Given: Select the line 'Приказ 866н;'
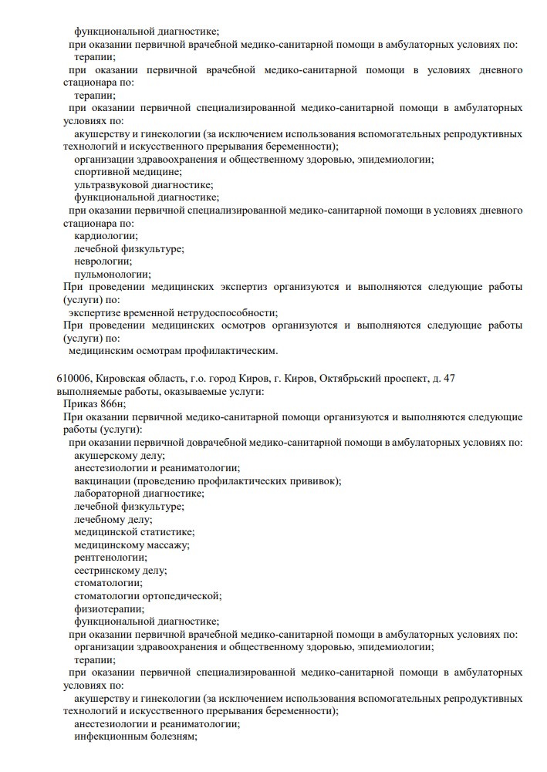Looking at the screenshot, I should pos(94,404).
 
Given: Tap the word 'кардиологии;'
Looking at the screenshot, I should pos(106,235).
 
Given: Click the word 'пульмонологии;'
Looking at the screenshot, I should pos(112,274).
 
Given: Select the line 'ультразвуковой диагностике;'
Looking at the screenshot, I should pos(144,184).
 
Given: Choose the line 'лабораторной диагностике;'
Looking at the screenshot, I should pos(139,493).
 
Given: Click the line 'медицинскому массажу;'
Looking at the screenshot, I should pos(131,544).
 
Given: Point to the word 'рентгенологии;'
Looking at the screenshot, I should pos(110,557).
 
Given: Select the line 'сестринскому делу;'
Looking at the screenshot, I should pos(120,570).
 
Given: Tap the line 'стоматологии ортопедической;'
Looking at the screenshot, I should pos(147,595).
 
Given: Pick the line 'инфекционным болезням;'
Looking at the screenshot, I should pos(136,736).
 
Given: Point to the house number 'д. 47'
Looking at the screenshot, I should pos(443,379).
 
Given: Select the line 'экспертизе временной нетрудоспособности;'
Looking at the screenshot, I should pos(173,312).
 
